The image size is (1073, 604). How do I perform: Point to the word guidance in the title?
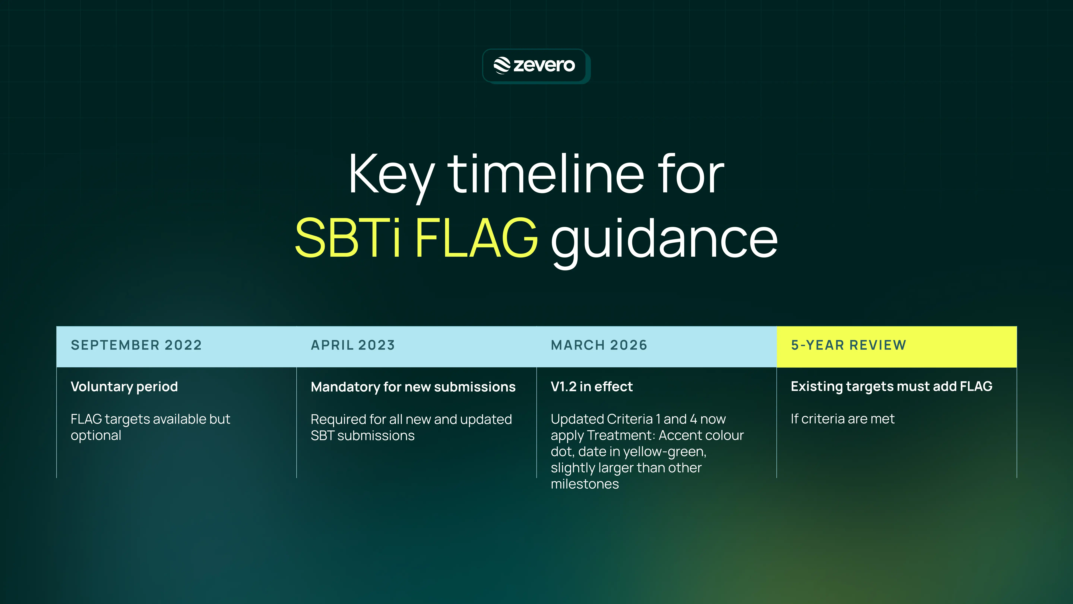[664, 240]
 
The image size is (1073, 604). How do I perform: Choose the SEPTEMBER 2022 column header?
[136, 345]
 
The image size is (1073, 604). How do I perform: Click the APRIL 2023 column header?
[353, 345]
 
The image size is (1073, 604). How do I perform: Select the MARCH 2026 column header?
[599, 345]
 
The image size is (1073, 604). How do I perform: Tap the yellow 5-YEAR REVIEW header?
[849, 345]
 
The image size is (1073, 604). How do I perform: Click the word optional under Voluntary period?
[96, 436]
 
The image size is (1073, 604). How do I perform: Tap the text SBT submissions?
[362, 436]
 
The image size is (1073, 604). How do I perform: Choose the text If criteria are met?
[842, 419]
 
